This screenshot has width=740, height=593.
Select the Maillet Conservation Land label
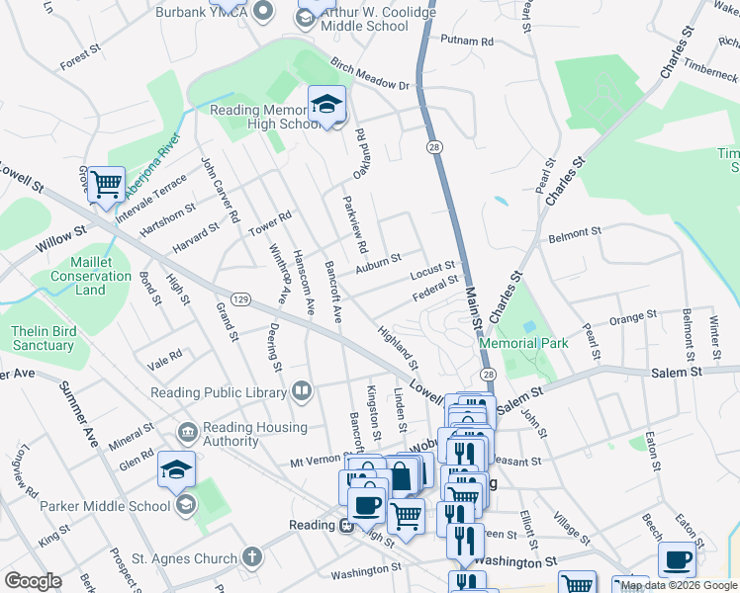90,276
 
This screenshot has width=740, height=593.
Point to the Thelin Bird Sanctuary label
43,338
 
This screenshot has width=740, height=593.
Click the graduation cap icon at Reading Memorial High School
326,104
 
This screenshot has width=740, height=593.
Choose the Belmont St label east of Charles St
575,238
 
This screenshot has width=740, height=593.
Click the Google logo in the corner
33,581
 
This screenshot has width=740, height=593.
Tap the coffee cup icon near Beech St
677,559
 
